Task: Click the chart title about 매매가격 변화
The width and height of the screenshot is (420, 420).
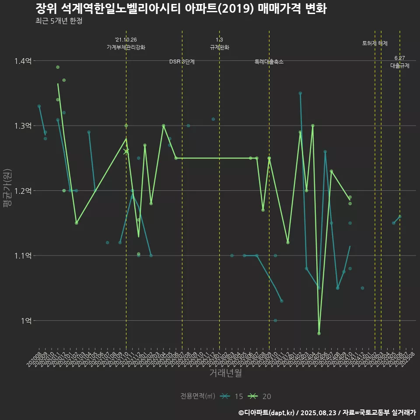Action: click(x=181, y=8)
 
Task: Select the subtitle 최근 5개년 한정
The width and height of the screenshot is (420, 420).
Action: click(x=59, y=21)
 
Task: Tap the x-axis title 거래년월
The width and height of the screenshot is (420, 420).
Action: click(x=225, y=373)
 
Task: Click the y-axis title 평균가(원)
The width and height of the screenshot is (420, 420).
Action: click(x=7, y=191)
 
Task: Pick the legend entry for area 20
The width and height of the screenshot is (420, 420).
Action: click(x=259, y=396)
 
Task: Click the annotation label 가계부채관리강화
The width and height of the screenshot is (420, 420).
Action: click(x=126, y=47)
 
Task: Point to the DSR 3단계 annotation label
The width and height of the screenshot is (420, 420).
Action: click(x=182, y=62)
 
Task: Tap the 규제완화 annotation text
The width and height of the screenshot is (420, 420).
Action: click(x=220, y=47)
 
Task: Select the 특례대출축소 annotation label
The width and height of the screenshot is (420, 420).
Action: click(x=269, y=62)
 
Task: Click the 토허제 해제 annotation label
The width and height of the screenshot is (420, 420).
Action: click(x=375, y=43)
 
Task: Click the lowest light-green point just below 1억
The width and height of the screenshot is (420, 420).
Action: click(x=319, y=333)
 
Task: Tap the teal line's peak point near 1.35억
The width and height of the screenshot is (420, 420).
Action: click(x=300, y=93)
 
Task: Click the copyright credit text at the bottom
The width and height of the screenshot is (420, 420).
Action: click(x=327, y=412)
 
